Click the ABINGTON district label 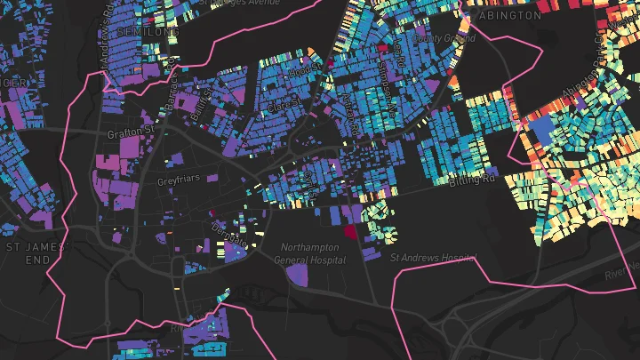[508, 16]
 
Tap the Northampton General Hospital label [309, 253]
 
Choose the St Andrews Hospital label [432, 258]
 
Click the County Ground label [433, 39]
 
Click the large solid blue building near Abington [541, 133]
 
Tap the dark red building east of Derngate [349, 231]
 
